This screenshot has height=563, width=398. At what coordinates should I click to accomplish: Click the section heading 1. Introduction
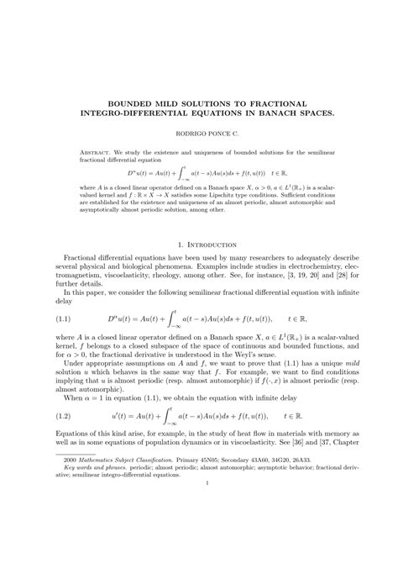coord(199,245)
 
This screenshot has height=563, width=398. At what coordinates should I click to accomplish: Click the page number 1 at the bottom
coord(198,530)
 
